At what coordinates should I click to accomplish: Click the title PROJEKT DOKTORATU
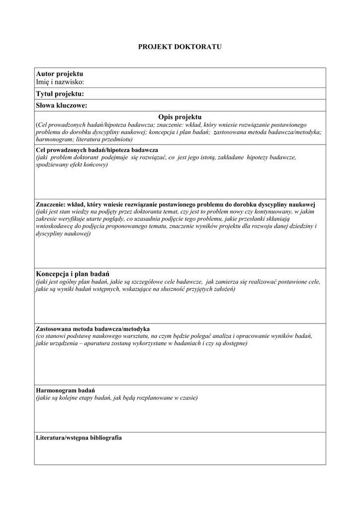180,46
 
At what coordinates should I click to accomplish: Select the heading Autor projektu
59,74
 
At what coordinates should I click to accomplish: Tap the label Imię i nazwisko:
60,82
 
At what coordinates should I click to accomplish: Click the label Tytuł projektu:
60,93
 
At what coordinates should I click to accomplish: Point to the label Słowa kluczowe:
62,105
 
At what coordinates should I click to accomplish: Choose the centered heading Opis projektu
180,116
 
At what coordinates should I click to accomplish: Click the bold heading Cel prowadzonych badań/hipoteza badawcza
97,150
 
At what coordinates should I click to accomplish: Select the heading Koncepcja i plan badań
73,274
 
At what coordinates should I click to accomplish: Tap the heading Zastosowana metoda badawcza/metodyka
92,329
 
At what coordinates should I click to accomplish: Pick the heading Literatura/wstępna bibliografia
79,438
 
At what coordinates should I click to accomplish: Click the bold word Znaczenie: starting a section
50,204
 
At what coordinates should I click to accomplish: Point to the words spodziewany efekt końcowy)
72,165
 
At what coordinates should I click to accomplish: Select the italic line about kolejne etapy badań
116,398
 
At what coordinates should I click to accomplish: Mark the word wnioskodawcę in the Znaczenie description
55,226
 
